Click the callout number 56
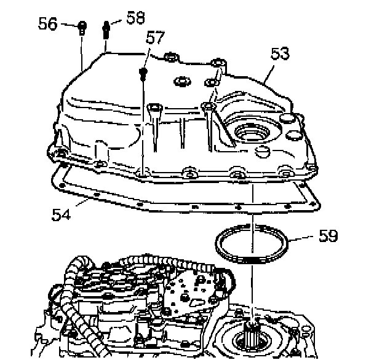pos(47,24)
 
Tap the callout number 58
pos(135,17)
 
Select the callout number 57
pos(155,38)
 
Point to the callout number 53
pos(280,55)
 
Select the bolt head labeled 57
pos(143,74)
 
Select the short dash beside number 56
pos(69,25)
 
